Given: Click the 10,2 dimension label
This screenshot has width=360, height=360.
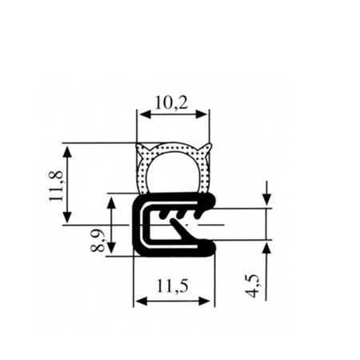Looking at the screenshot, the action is click(x=171, y=103).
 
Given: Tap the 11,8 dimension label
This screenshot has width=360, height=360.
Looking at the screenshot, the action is click(x=56, y=186).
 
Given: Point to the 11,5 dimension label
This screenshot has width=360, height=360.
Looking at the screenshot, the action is click(x=172, y=286).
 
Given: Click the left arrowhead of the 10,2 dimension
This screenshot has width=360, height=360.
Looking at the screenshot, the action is click(x=144, y=115).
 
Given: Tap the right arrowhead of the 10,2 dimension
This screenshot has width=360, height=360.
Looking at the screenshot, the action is click(x=202, y=115).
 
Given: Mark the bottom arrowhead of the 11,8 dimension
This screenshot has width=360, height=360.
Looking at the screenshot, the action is click(x=68, y=216).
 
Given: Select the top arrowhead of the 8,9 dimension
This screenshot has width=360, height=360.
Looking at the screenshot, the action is click(x=111, y=202).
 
